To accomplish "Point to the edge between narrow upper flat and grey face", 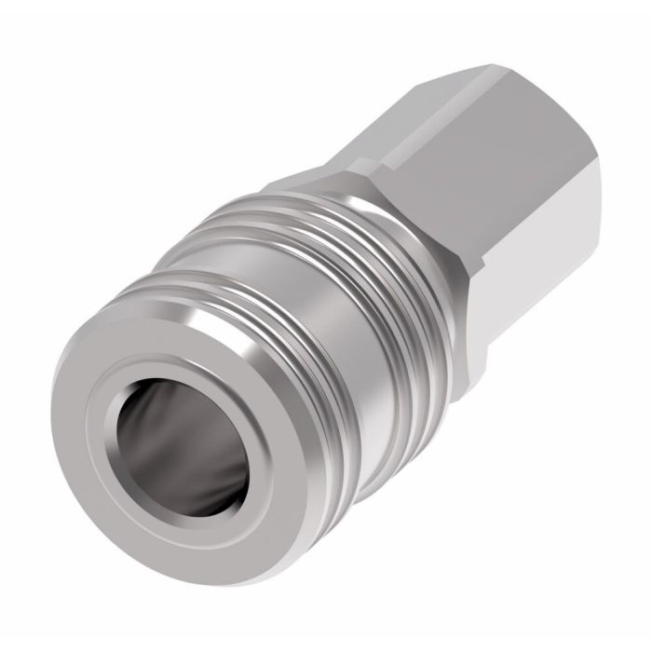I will (438, 112).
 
